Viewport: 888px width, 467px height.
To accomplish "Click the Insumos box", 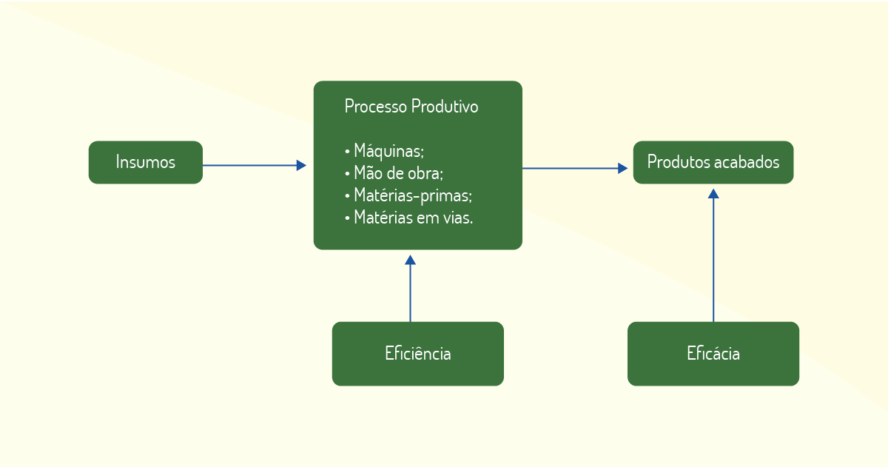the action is click(146, 162).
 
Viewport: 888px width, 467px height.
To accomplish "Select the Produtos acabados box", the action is click(713, 162).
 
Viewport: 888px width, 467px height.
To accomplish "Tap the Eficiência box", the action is click(418, 354).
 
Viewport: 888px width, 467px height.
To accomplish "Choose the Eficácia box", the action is click(713, 354).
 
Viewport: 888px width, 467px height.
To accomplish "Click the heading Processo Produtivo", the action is click(411, 107).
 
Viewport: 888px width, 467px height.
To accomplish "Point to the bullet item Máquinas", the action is click(385, 151).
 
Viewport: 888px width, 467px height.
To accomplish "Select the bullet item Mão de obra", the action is click(394, 173).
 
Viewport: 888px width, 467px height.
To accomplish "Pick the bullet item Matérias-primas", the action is click(408, 195).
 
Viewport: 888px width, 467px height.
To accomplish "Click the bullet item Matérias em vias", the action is click(408, 218).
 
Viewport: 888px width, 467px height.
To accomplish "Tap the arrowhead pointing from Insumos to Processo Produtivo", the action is click(301, 165).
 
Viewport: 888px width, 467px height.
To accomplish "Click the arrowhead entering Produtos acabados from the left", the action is click(622, 169).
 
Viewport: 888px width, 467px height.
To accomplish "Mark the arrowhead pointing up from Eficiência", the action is click(410, 260).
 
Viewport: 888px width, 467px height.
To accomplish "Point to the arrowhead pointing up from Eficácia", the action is click(713, 193).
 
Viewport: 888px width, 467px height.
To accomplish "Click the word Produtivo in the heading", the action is click(445, 107).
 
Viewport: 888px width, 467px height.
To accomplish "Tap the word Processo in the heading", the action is click(376, 107).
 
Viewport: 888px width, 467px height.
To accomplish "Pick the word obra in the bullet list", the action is click(429, 173).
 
